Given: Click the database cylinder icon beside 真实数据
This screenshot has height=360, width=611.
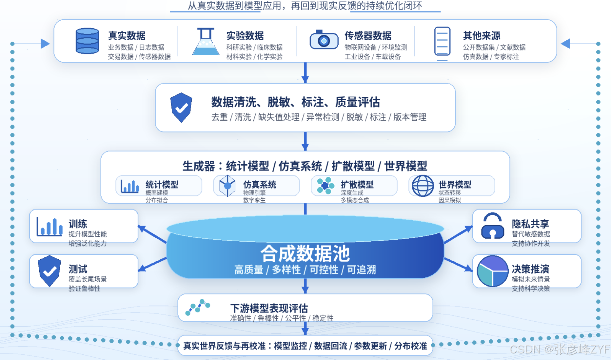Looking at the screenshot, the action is (x=87, y=41).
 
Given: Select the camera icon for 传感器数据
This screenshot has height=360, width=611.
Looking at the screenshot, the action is (x=324, y=40).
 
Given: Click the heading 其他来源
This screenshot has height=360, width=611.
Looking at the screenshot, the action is (x=482, y=35).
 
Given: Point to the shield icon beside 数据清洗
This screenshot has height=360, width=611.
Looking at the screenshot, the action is (x=181, y=108).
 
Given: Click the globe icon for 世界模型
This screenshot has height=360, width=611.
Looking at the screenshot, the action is (x=423, y=186).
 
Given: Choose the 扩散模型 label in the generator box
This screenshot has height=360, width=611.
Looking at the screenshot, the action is (x=357, y=185).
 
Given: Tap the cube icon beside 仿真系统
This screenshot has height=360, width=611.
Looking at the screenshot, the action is (x=227, y=186).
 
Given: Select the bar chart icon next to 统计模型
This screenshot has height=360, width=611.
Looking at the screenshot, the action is (x=130, y=186).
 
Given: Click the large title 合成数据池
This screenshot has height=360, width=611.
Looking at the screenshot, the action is (x=305, y=253).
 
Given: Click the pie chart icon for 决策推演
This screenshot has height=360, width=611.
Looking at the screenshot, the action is (x=492, y=271).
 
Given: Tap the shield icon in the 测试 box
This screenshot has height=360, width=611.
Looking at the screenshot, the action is (x=49, y=271).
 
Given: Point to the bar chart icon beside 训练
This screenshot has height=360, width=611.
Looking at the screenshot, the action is (x=49, y=227).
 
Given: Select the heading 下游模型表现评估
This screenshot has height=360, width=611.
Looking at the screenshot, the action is (x=269, y=308).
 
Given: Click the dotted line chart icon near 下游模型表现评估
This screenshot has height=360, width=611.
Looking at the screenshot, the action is (x=198, y=307).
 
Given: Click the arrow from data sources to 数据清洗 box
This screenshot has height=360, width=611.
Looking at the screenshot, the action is (x=305, y=73).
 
